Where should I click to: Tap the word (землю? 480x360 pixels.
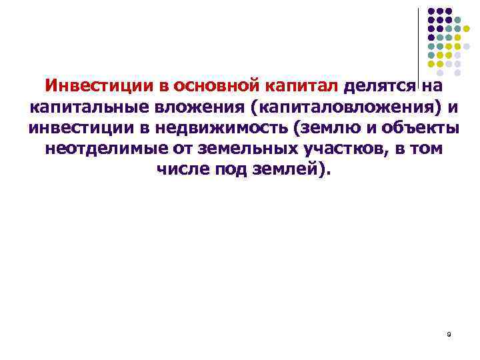(x=312, y=128)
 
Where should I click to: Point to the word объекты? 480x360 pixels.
(x=416, y=128)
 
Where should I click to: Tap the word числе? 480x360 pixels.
(x=183, y=169)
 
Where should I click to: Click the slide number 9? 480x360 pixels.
(x=449, y=334)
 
